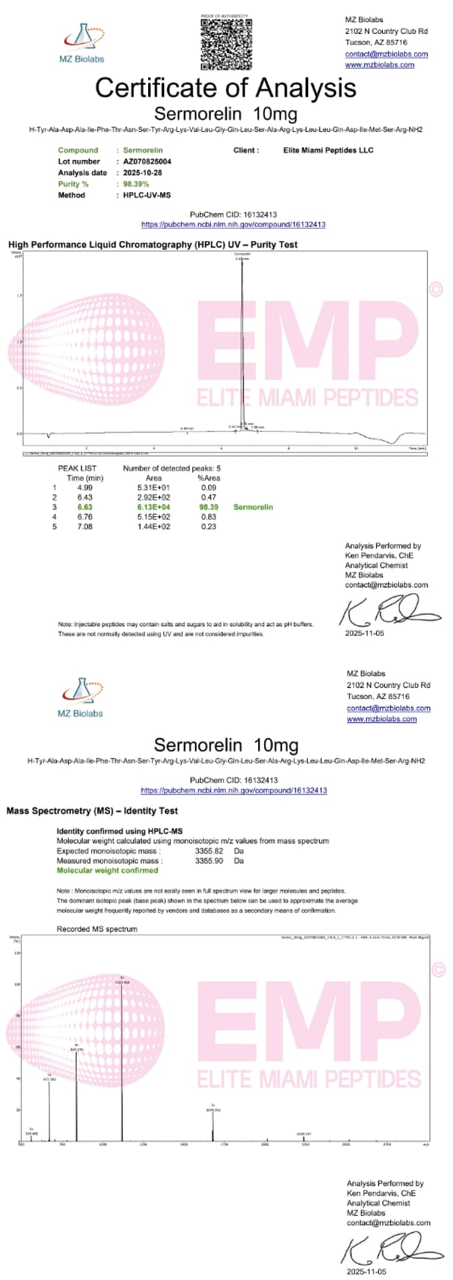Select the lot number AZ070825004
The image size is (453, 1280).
click(x=147, y=161)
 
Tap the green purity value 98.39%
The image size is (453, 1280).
click(x=136, y=184)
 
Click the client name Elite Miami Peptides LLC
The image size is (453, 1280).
click(x=328, y=150)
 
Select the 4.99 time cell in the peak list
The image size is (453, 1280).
click(x=84, y=487)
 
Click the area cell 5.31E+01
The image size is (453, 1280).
click(x=153, y=487)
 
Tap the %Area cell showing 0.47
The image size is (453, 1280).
click(x=208, y=497)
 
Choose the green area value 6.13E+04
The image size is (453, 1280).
click(x=153, y=507)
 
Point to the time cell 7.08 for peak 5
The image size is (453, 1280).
click(x=84, y=527)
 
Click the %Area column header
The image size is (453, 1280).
click(x=209, y=478)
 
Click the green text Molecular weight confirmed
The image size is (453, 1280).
click(x=107, y=870)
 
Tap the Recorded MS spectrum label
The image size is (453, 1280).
click(x=97, y=929)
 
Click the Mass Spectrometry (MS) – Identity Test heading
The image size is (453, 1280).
click(x=92, y=811)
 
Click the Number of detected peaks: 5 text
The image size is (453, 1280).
click(x=171, y=468)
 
